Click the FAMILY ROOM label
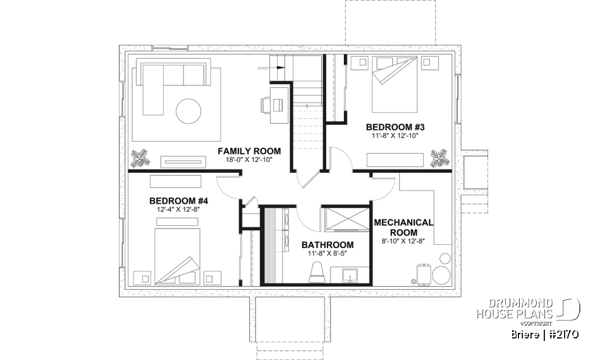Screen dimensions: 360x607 point(249,151)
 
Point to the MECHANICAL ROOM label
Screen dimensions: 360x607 point(403,227)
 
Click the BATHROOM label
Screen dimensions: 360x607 point(327,245)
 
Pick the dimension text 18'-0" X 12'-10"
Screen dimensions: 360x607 point(249,160)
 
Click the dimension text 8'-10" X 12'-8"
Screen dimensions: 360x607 point(403,241)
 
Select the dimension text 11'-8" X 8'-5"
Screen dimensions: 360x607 point(327,254)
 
